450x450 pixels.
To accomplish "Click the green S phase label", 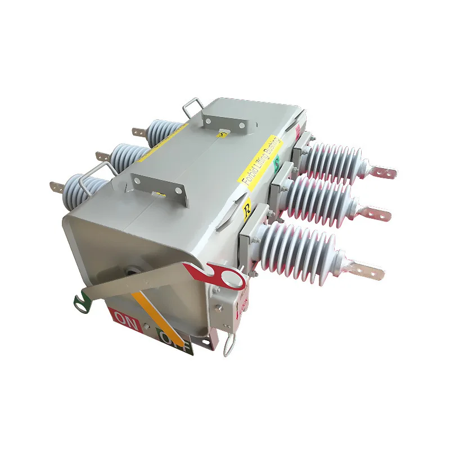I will pyautogui.click(x=276, y=164).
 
